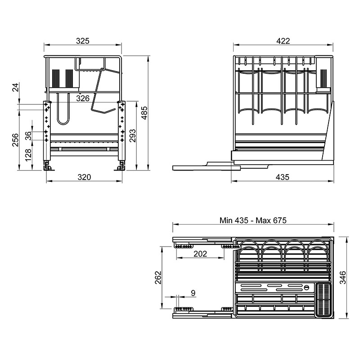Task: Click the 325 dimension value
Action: [83, 41]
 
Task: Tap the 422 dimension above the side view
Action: [283, 41]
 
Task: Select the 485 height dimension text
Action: [144, 113]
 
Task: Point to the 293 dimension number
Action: [133, 136]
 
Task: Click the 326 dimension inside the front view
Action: [83, 98]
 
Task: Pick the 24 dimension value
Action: [16, 87]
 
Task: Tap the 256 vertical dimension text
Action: [15, 140]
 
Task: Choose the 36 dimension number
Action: [28, 135]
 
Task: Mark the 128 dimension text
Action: [28, 155]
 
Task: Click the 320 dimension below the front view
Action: [84, 177]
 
